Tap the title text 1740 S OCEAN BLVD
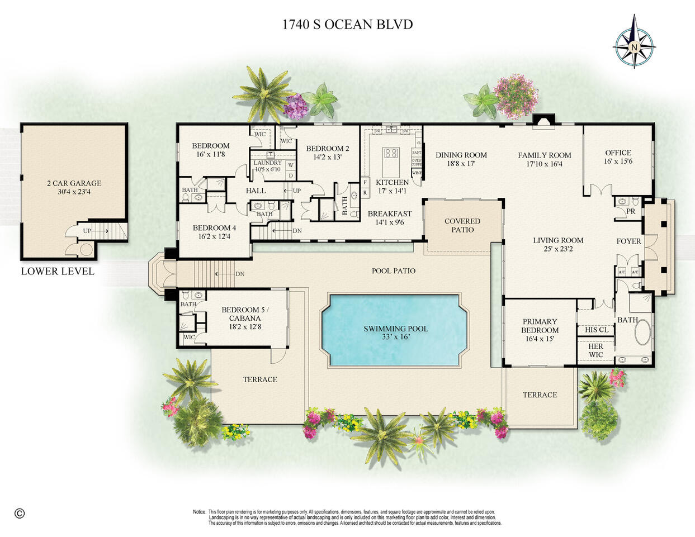347,25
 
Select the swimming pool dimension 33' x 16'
396,338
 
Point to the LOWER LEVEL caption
58,272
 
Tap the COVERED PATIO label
462,225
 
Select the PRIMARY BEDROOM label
540,326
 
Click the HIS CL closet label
596,330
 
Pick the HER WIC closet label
596,350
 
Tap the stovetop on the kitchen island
391,154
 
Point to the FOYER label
629,241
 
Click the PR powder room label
631,212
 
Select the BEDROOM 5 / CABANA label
245,314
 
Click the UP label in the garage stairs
87,230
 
